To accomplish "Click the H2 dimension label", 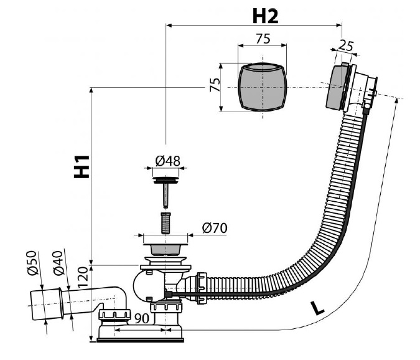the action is pyautogui.click(x=265, y=16).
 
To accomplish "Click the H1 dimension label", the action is pyautogui.click(x=82, y=166).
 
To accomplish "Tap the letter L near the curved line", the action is pyautogui.click(x=317, y=308).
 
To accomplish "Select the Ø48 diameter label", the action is pyautogui.click(x=167, y=161).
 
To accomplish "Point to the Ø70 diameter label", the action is pyautogui.click(x=215, y=228).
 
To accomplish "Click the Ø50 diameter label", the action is pyautogui.click(x=32, y=263).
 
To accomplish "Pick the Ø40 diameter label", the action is pyautogui.click(x=58, y=263).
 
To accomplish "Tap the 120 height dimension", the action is pyautogui.click(x=83, y=277).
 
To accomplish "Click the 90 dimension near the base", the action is pyautogui.click(x=142, y=318).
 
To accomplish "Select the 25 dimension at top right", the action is pyautogui.click(x=346, y=45).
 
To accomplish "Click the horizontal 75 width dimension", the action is pyautogui.click(x=263, y=39).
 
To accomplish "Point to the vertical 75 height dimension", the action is pyautogui.click(x=215, y=85).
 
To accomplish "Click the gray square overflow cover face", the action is pyautogui.click(x=262, y=87).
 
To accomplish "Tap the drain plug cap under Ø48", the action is pyautogui.click(x=166, y=180).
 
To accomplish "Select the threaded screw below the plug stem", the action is pyautogui.click(x=166, y=223).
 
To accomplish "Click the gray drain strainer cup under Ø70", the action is pyautogui.click(x=166, y=250).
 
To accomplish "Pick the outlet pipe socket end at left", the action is pyautogui.click(x=47, y=304).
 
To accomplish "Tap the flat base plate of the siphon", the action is pyautogui.click(x=140, y=340).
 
